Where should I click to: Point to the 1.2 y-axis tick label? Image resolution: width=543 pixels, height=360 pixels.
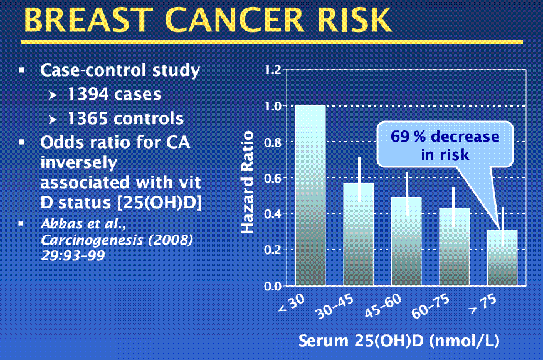[273, 70]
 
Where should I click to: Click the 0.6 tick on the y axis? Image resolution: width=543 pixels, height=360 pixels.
[273, 178]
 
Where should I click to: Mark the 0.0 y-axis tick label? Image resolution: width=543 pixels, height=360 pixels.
[273, 287]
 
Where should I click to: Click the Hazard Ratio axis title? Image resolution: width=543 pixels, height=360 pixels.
[248, 182]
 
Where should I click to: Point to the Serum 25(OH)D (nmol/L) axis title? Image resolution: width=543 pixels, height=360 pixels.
[399, 342]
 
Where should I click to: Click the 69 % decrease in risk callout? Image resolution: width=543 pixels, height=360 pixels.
[445, 145]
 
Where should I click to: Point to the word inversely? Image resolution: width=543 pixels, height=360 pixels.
[79, 163]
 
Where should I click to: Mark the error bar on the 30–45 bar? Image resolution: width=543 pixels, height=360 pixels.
[359, 179]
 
